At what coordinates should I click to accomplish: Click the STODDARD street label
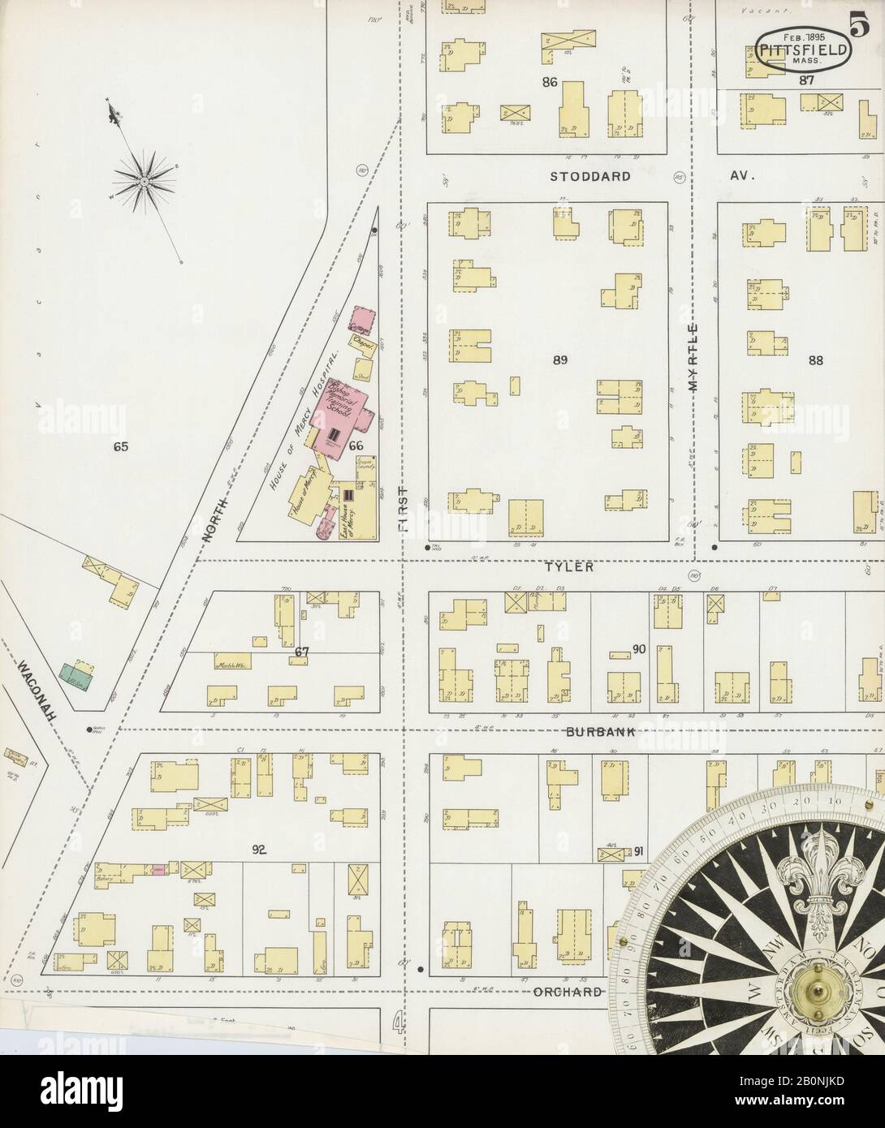589,176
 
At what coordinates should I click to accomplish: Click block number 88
813,360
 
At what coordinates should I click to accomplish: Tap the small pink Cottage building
360,319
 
